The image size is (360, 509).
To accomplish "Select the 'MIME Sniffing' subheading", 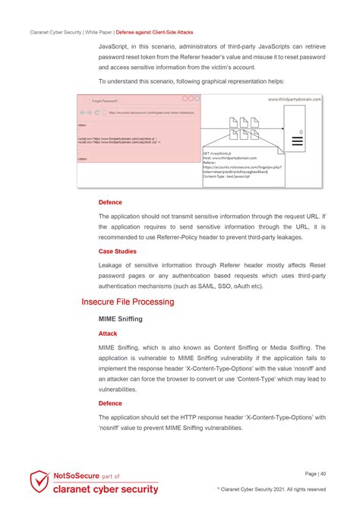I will click(123, 319).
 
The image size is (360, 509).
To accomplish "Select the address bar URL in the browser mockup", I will click(152, 112).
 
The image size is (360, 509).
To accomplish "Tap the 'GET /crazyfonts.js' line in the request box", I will click(219, 153).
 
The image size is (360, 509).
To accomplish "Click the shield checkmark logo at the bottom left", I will click(39, 482).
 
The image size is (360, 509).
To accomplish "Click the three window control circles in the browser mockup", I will click(191, 99).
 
